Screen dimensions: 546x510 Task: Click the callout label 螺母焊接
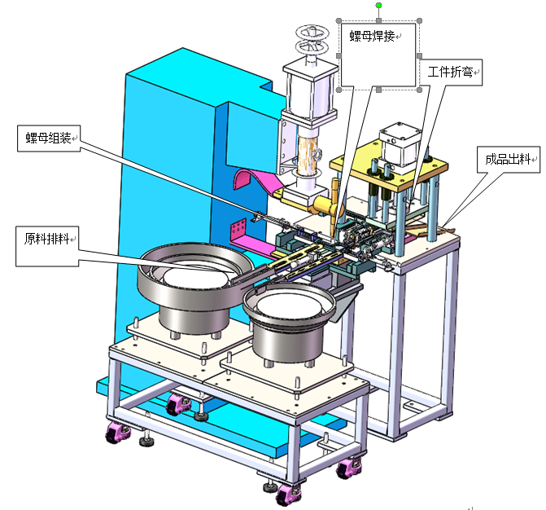coord(372,36)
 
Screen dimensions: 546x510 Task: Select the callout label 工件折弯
coord(450,72)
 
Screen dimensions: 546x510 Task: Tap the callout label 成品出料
coord(508,160)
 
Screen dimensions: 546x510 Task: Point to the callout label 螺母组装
coord(48,138)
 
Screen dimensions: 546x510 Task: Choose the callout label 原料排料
coord(46,239)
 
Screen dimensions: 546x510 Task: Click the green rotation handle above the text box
coord(379,5)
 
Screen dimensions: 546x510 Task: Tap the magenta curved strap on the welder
coord(256,178)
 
